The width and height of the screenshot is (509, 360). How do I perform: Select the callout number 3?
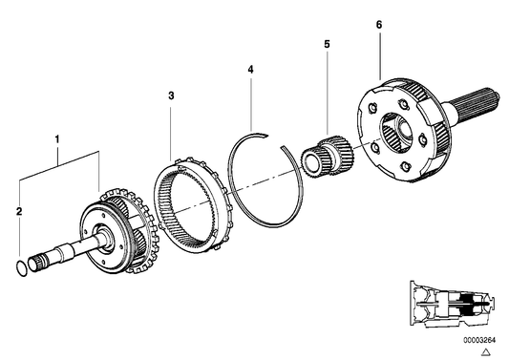pos(170,96)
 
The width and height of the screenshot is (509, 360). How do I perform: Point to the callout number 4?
pos(249,69)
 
